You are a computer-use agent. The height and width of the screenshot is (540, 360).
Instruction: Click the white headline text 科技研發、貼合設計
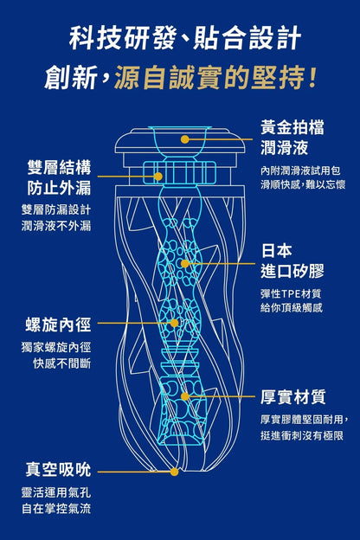pos(185,38)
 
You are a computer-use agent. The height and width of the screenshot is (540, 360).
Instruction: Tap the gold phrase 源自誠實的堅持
pos(209,77)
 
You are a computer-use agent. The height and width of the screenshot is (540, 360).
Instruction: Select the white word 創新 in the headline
pos(71,77)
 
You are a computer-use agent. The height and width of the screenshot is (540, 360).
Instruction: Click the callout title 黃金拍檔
pos(292,127)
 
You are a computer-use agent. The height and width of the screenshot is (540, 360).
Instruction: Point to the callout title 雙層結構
pos(59,168)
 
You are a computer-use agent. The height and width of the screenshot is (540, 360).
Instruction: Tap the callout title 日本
pos(277,250)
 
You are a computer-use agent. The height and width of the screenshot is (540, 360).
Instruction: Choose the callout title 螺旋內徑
pos(58,325)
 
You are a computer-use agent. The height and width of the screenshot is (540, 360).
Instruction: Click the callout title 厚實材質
pos(292,396)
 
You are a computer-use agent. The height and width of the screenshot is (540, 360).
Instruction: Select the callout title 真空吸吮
pos(58,469)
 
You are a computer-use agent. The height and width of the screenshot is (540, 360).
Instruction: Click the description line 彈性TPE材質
pos(291,293)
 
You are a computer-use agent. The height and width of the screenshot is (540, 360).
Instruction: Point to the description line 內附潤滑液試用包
pos(300,170)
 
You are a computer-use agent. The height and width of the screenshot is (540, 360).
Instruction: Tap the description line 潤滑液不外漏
pos(56,226)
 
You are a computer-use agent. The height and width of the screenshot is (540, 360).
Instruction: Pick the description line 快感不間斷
pos(62,363)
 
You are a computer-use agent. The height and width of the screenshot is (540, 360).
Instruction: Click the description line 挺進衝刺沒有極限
pos(302,435)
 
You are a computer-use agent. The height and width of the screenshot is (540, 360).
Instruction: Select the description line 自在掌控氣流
pos(56,509)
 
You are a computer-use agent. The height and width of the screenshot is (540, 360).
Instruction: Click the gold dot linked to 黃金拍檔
pos(185,139)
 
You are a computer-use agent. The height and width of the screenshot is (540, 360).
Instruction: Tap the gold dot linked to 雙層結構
pos(158,177)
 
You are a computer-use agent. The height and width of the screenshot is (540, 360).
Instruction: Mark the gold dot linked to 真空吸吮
pos(174,472)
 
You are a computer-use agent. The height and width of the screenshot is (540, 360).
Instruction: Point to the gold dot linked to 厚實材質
pos(185,396)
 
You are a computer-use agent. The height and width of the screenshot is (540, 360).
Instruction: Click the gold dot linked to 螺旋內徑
pos(174,323)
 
